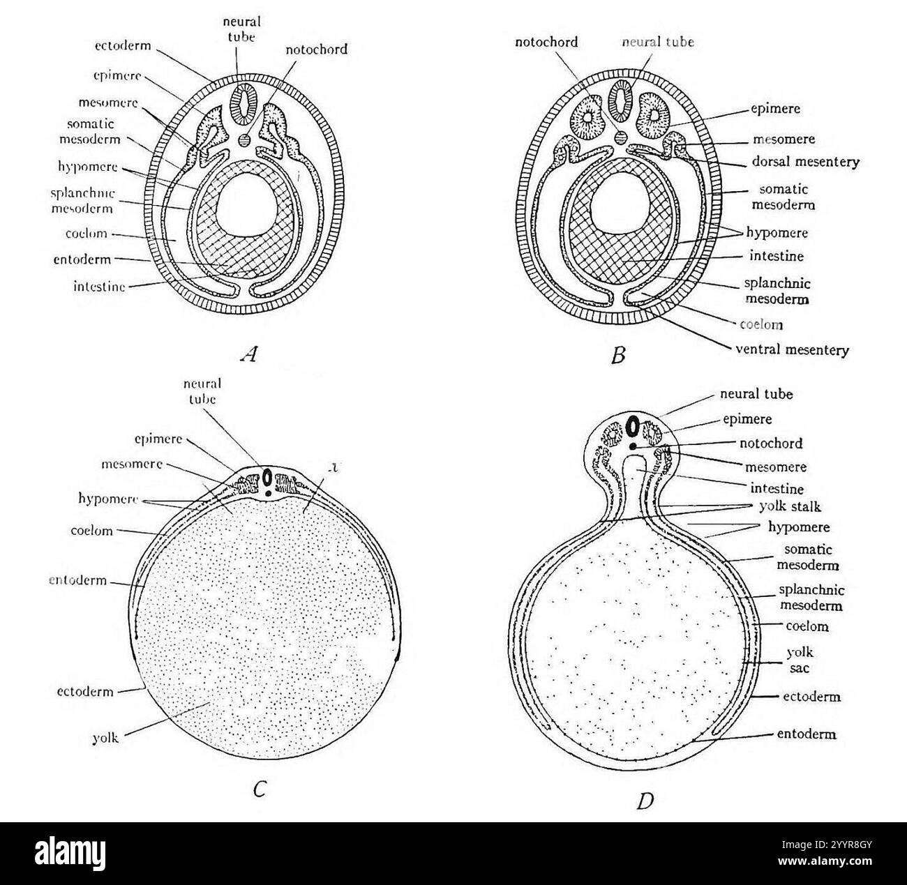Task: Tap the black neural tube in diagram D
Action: [633, 425]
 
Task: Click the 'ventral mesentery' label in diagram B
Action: [792, 350]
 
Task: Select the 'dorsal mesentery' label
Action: [805, 162]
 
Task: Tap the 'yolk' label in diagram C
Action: [105, 738]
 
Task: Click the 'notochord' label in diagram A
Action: [316, 50]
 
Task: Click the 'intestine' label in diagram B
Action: [776, 256]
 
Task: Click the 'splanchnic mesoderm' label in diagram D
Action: [810, 598]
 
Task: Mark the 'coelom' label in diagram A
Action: [85, 234]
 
